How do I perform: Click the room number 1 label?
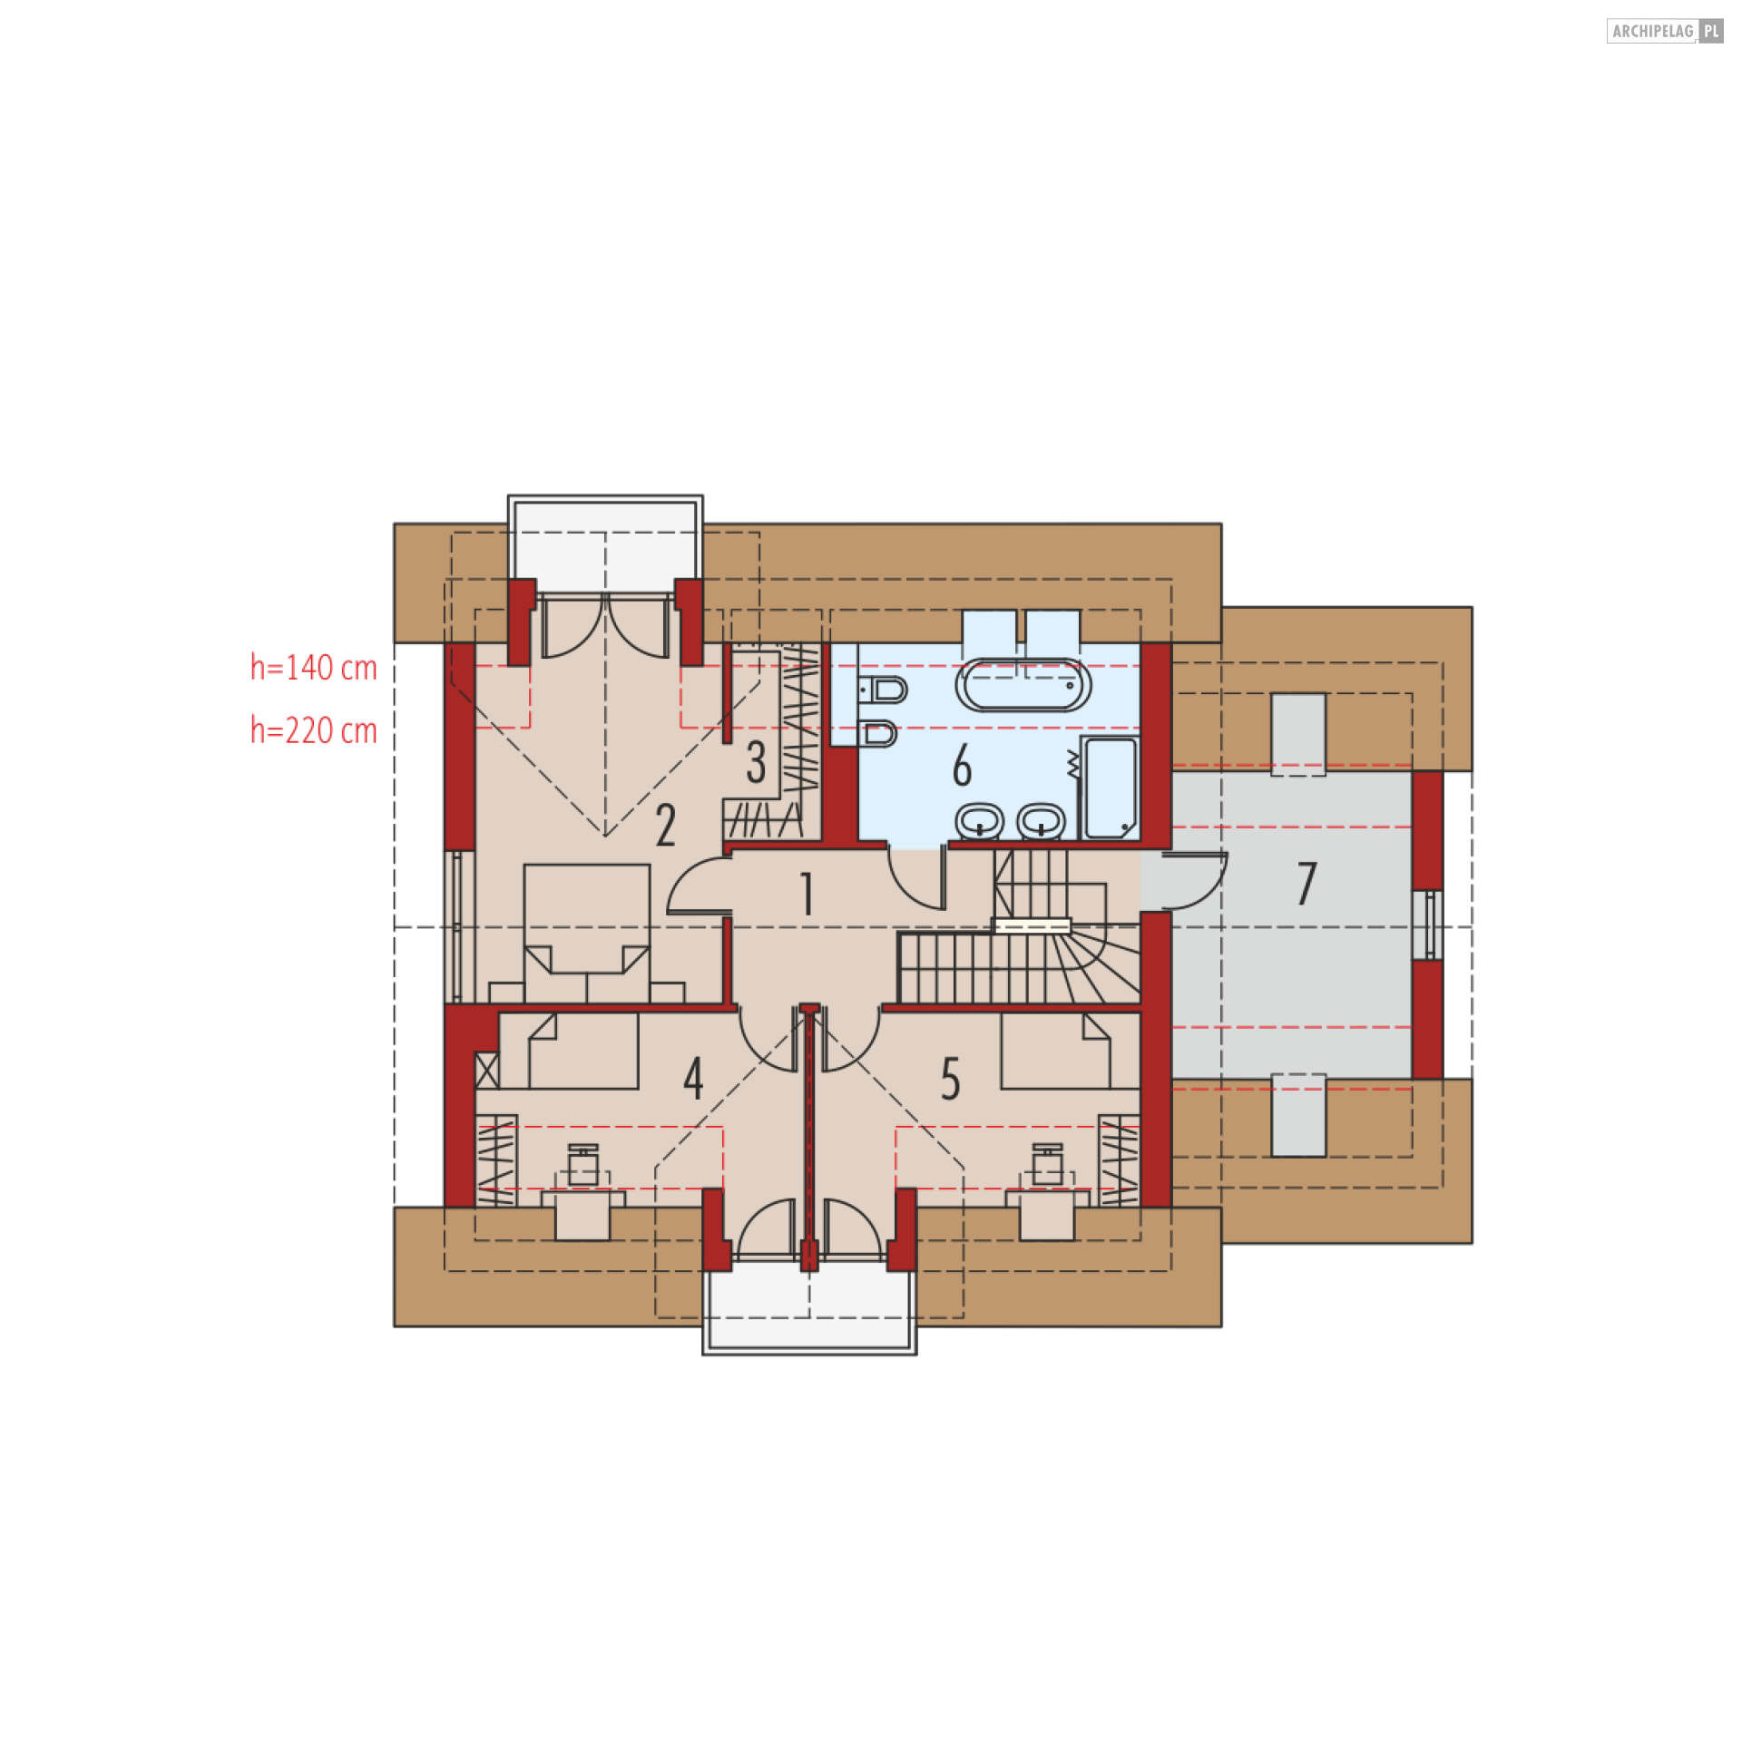coord(807,894)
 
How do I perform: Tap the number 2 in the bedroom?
coord(666,826)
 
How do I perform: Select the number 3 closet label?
coord(756,762)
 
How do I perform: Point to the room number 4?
coord(693,1079)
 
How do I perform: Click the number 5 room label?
coord(950,1079)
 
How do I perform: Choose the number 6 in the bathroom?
coord(962,765)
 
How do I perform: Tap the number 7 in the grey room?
coord(1306,883)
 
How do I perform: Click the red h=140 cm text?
coord(314,668)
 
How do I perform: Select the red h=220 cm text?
coord(314,730)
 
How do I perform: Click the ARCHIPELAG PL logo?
coord(1665,31)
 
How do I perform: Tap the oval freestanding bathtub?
coord(1023,685)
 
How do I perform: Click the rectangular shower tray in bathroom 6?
coord(1110,788)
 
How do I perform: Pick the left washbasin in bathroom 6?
coord(979,822)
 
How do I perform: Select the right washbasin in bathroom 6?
coord(1041,822)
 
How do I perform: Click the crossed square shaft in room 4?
coord(487,1070)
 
